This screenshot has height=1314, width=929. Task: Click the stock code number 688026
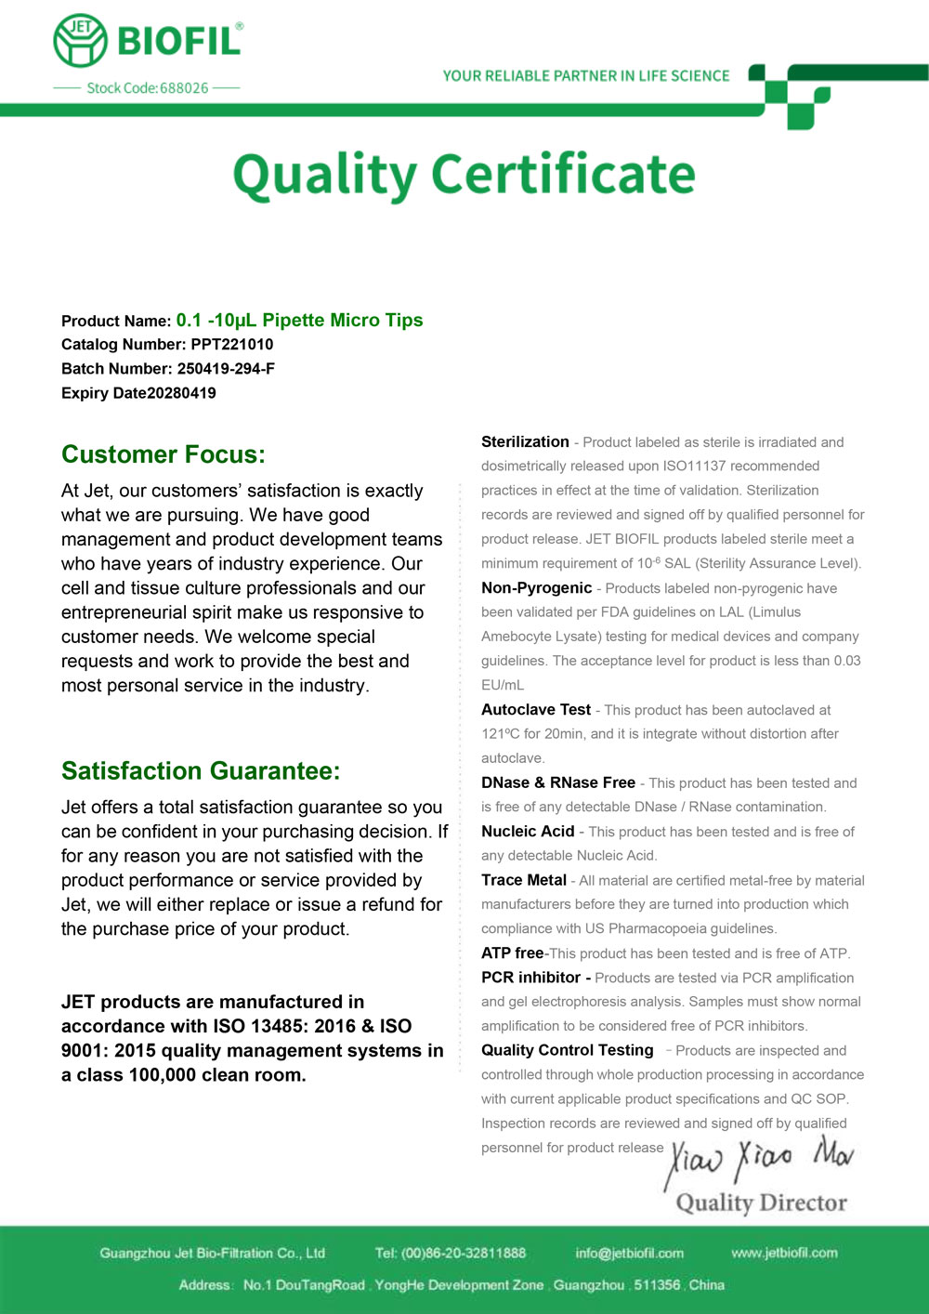184,88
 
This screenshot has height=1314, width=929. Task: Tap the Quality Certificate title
464,175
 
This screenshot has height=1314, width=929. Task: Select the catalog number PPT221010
232,345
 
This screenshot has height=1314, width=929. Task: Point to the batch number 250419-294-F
226,369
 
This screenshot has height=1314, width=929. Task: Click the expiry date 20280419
181,393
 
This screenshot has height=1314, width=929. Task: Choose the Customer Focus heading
164,454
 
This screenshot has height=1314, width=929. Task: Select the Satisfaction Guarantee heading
201,771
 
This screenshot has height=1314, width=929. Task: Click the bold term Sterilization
525,442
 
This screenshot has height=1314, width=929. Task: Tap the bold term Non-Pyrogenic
536,588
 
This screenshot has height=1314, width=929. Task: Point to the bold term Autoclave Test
536,710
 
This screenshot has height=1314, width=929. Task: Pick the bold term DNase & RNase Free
558,783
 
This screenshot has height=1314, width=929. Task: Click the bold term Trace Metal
524,880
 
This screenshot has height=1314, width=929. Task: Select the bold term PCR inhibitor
531,978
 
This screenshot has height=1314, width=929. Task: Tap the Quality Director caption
761,1203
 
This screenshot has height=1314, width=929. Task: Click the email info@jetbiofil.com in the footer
629,1254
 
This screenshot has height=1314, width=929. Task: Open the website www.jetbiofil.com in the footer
784,1253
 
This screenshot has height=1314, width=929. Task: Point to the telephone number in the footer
451,1254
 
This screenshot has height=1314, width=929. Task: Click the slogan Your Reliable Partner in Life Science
586,76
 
